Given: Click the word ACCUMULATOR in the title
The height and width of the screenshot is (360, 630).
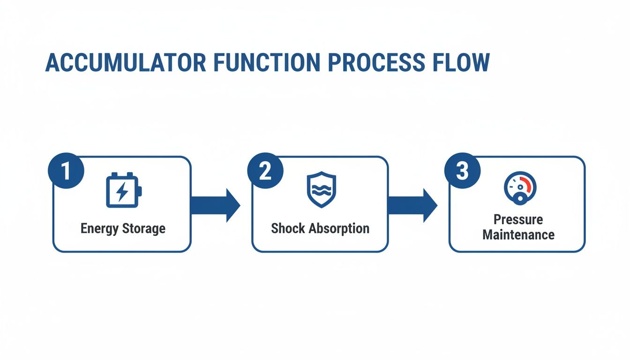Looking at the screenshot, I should pos(126,62).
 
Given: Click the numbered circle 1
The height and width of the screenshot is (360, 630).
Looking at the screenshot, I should pos(66,171).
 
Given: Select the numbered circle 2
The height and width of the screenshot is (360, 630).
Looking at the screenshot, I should pos(265,171).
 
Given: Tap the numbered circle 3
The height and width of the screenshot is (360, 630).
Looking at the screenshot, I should pos(462,171).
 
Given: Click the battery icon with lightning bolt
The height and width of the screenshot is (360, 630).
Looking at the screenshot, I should pos(123,190).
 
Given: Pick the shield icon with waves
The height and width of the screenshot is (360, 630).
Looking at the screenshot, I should pos(321,189).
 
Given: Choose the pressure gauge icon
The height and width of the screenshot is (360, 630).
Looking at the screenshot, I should pos(519,188).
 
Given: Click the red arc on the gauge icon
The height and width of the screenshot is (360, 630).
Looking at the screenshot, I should pos(529,184).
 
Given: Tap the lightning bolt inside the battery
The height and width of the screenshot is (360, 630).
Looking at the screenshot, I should pos(121,191).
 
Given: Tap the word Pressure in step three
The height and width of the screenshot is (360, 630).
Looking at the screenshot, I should pos(518,219).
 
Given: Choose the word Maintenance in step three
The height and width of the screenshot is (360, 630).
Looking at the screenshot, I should pos(518,234).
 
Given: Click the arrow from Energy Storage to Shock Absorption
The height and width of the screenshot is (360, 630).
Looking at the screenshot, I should pos(216,205).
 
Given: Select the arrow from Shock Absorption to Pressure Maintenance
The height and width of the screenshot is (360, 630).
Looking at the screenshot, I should pos(412,205).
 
